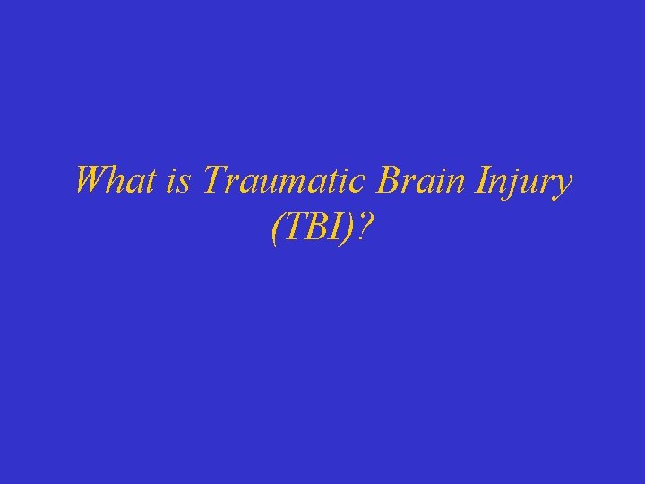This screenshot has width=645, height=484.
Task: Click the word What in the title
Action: tap(116, 182)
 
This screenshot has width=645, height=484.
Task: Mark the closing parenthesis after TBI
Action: tap(349, 232)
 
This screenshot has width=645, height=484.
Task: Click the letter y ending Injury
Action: tap(563, 186)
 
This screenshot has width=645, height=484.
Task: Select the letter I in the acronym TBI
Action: tap(335, 231)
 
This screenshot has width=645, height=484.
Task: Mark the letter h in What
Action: tap(119, 182)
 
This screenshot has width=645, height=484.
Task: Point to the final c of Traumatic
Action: tap(357, 185)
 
